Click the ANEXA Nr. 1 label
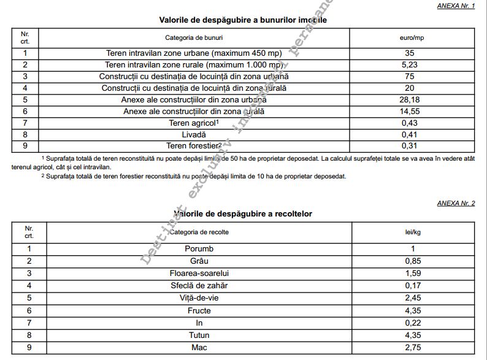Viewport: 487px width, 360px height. pos(456,5)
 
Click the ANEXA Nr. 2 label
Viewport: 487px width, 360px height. pos(456,203)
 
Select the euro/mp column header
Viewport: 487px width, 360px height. pos(410,38)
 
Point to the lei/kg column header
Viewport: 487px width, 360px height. pos(413,232)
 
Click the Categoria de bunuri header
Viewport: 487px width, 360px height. pos(194,38)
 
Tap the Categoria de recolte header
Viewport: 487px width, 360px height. pos(199,232)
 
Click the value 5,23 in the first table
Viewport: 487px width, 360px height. pos(410,65)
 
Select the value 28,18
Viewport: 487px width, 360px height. pos(410,100)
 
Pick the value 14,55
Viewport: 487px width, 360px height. pos(410,112)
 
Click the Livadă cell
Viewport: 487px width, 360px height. pos(194,135)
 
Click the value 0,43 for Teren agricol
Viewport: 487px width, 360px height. pos(410,123)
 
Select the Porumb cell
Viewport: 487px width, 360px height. pos(199,249)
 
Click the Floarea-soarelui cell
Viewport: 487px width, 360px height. pos(199,274)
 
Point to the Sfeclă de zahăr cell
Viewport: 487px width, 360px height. pos(199,286)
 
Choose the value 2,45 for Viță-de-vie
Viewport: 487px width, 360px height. pos(413,299)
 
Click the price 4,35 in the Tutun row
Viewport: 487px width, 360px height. pos(413,335)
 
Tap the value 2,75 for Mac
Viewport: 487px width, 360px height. pos(413,348)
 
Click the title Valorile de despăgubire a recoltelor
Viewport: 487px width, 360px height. pos(243,214)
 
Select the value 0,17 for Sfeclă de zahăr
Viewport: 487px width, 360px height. pos(413,286)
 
